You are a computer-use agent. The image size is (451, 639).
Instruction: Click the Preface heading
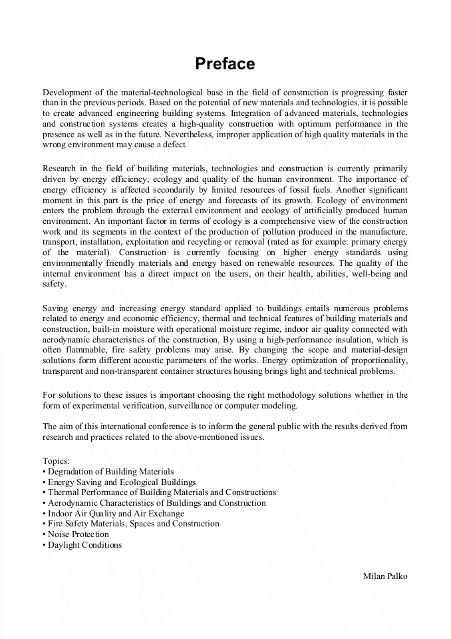(225, 64)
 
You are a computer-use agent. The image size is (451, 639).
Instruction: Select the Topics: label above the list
(56, 460)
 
